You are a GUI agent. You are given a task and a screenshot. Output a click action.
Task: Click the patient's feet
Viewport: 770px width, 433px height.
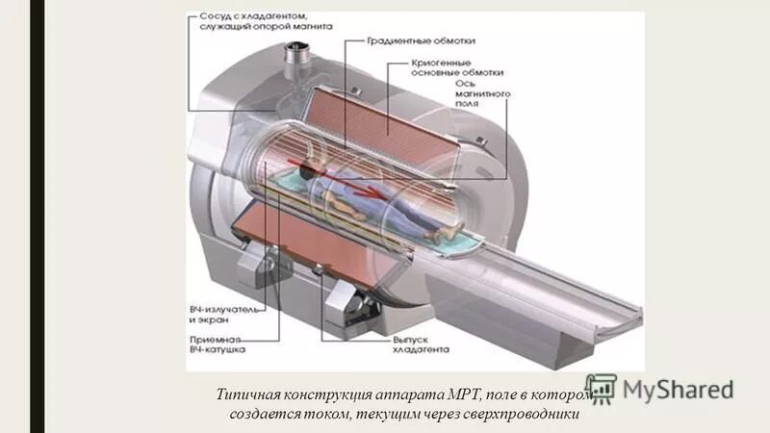[x=442, y=232]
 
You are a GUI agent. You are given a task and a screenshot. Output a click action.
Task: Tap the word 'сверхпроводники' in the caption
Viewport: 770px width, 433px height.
[x=529, y=415]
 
